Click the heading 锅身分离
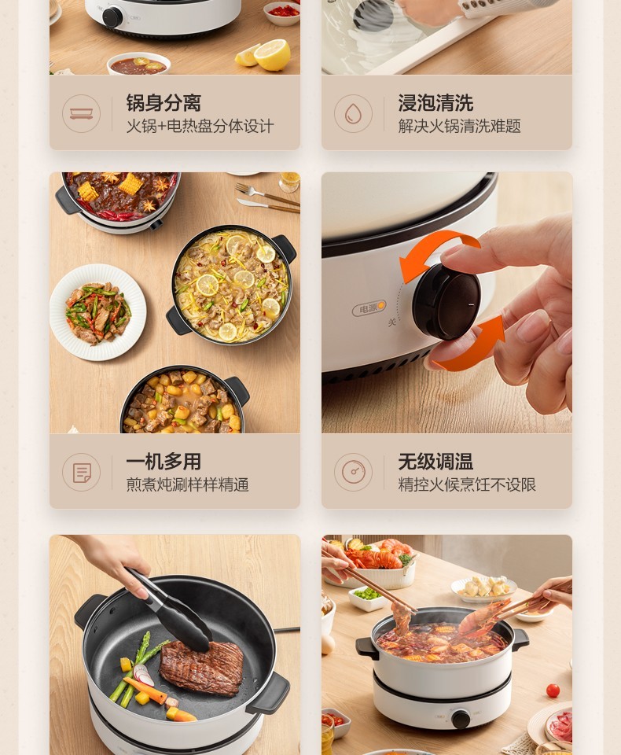click(164, 102)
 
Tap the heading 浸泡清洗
click(435, 102)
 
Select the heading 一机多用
click(164, 462)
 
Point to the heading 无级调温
click(435, 462)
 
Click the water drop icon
click(354, 113)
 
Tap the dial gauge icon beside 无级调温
click(354, 473)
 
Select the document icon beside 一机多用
click(81, 473)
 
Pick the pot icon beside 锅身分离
click(81, 113)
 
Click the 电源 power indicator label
click(369, 308)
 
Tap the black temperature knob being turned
click(446, 301)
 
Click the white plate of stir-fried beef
click(97, 312)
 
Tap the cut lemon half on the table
click(273, 54)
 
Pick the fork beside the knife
click(267, 194)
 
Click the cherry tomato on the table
click(553, 690)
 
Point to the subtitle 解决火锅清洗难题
click(459, 126)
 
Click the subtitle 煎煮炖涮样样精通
click(187, 484)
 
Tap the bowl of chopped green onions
click(368, 597)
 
